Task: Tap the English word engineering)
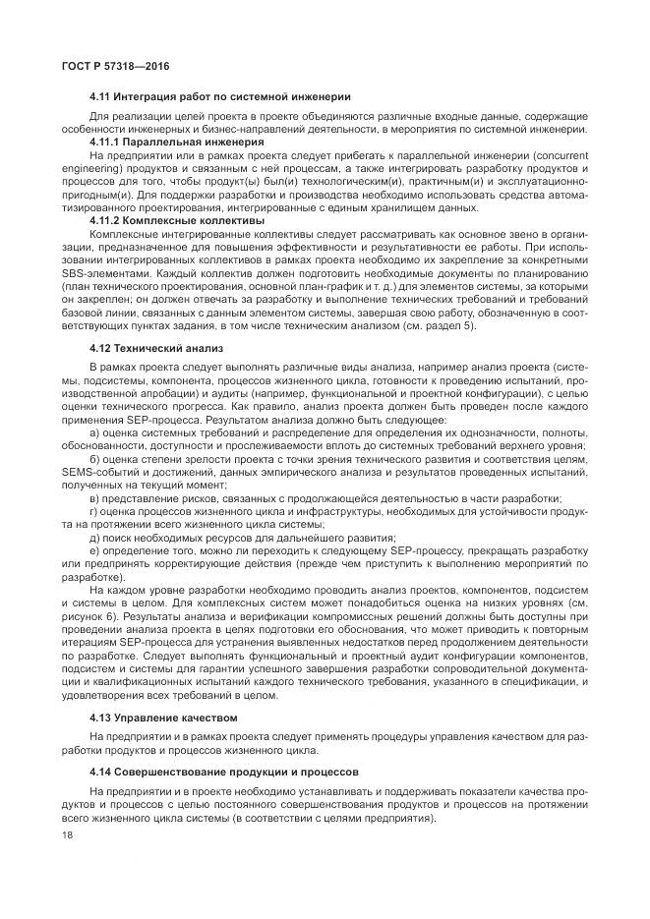pyautogui.click(x=89, y=168)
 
